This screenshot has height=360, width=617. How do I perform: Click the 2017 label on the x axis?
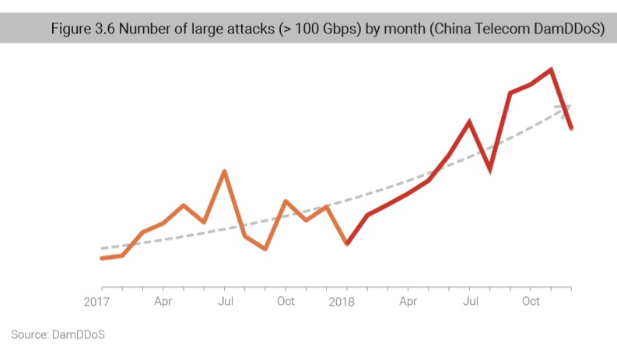[96, 301]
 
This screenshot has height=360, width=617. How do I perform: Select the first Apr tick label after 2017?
[163, 301]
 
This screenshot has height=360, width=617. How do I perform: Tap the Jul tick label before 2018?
[224, 301]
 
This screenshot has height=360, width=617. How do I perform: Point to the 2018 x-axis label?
[342, 301]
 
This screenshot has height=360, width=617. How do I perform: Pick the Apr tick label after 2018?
[408, 301]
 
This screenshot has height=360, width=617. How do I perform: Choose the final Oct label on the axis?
[531, 301]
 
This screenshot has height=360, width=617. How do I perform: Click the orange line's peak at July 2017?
[224, 171]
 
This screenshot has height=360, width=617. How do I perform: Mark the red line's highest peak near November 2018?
[551, 70]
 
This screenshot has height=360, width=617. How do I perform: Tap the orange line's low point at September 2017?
[265, 249]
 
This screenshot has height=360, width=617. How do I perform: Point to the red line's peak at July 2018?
[469, 121]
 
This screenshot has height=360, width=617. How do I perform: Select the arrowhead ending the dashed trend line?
[566, 107]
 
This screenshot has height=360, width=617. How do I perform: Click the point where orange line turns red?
[347, 243]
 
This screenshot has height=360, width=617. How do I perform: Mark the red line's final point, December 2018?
[572, 128]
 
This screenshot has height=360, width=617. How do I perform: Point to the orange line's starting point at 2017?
[102, 258]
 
